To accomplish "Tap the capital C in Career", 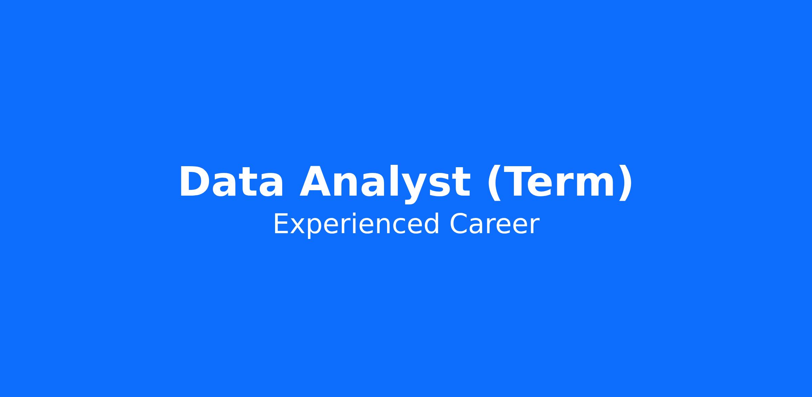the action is click(458, 223).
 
